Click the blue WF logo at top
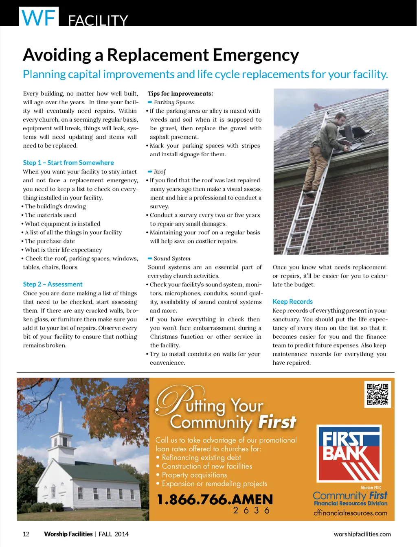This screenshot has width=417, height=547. (x=39, y=17)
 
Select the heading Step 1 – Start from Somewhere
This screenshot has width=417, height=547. (x=68, y=163)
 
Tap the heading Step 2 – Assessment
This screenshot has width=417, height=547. (x=53, y=284)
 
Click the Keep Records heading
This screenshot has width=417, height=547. (x=292, y=302)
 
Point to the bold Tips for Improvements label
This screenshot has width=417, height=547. (x=180, y=94)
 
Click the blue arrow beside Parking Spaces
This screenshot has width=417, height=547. (x=150, y=102)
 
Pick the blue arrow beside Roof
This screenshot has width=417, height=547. (x=150, y=172)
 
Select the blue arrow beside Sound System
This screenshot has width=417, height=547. (x=150, y=258)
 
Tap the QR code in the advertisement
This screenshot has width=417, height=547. (x=377, y=394)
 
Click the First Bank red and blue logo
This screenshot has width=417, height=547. (x=349, y=453)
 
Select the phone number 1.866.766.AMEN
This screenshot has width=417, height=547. (x=215, y=500)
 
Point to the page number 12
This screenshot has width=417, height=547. (x=26, y=534)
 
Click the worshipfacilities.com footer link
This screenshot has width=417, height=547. (x=362, y=534)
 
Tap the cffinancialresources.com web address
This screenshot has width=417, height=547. (x=350, y=513)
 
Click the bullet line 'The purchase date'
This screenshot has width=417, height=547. (x=50, y=241)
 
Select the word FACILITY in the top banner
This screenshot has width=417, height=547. (x=98, y=20)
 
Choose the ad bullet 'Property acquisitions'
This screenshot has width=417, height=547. (x=194, y=475)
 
